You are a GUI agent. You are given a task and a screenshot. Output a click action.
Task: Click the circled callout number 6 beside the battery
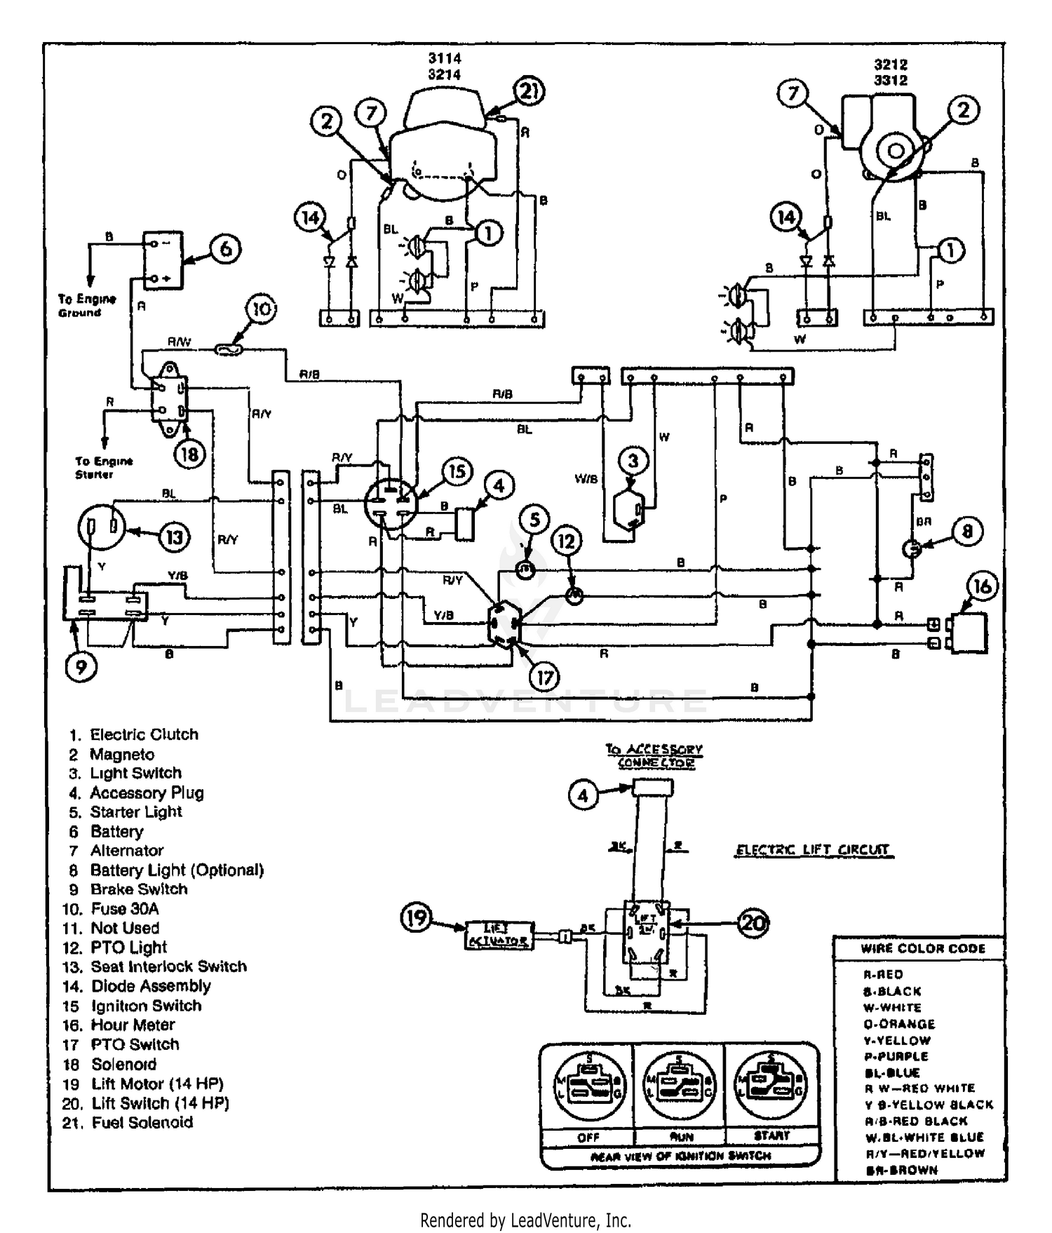pos(225,249)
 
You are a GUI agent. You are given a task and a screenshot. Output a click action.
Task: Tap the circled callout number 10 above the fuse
pos(261,309)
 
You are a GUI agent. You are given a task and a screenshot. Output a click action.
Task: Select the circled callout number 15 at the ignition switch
pos(457,471)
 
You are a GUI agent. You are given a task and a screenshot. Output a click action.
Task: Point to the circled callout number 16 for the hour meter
pos(983,586)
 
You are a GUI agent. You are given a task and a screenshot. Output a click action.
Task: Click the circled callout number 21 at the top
pos(530,91)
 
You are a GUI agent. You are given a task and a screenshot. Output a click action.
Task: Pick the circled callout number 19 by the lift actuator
pos(417,917)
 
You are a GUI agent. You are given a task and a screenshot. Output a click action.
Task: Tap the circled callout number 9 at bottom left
pos(81,666)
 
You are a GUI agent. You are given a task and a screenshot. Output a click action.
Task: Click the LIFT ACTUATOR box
pos(498,935)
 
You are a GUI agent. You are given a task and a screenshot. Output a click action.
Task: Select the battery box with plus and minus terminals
pos(163,260)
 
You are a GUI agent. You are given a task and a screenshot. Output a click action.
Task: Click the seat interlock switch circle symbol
pos(101,527)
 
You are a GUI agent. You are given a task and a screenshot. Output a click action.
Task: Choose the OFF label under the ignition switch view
pos(588,1137)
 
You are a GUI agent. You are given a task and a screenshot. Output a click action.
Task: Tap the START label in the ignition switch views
pos(771,1135)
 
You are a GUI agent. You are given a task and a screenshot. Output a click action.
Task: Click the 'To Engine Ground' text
pos(87,306)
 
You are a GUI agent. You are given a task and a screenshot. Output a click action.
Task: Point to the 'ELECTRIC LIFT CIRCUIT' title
pos(813,850)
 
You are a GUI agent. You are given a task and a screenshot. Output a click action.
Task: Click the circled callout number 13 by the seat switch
pos(174,538)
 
